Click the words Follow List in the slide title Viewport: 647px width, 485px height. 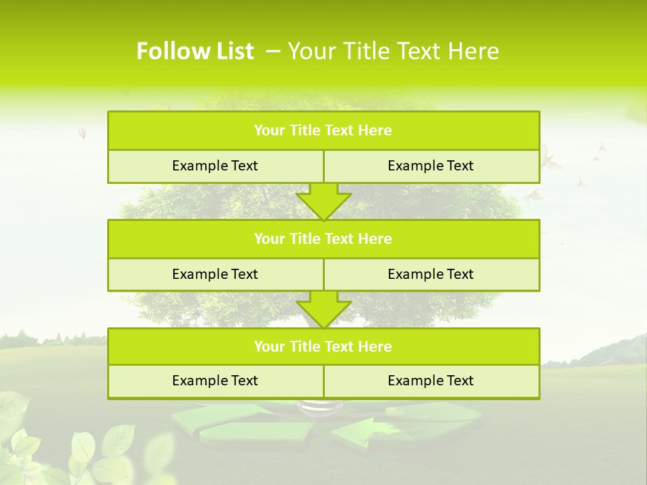click(195, 51)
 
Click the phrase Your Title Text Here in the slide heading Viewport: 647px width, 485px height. click(394, 51)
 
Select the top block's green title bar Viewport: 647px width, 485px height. click(323, 131)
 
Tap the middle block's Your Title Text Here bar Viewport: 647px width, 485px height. click(323, 238)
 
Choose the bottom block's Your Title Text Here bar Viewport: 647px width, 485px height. click(323, 346)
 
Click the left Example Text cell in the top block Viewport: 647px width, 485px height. click(215, 166)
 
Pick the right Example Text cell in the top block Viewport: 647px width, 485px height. click(431, 166)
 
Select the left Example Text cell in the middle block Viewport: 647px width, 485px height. click(215, 274)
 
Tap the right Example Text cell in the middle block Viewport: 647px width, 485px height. click(431, 274)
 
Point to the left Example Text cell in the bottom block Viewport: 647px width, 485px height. click(215, 381)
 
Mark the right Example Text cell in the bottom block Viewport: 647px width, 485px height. click(431, 381)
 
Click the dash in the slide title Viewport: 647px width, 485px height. click(274, 51)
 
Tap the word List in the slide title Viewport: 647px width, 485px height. click(233, 51)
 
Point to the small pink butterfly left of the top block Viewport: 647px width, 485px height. click(82, 133)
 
